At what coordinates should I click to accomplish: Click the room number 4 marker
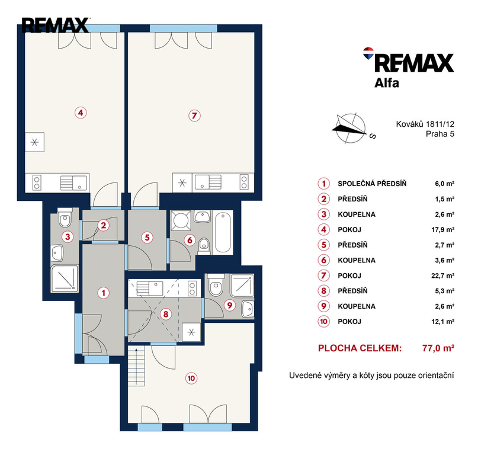81,113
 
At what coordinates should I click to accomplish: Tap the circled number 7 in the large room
194,116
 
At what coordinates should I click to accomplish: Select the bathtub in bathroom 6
223,232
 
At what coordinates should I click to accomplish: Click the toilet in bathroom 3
65,217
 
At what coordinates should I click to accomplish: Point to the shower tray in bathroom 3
65,278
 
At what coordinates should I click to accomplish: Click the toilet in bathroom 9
216,285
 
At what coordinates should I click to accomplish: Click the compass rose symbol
350,129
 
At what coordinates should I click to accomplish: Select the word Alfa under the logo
387,83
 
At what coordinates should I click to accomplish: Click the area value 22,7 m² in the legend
442,275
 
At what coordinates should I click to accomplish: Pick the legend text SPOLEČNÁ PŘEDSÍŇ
372,184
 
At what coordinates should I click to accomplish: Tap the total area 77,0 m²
438,348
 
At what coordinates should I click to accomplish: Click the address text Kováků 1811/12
425,124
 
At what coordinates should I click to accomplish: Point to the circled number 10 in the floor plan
191,379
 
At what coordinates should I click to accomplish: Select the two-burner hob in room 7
244,182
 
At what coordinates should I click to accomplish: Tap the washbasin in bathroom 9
248,309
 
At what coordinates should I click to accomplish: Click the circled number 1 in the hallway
103,293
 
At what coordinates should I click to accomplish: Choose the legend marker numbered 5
324,245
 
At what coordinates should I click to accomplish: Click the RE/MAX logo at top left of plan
55,25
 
